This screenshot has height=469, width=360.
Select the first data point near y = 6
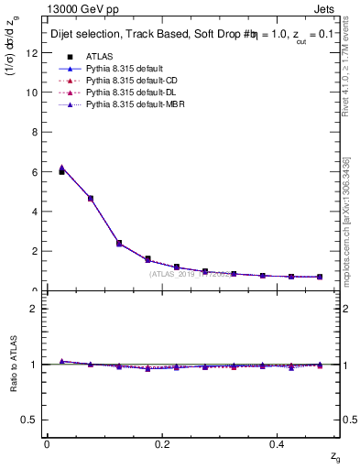(61, 171)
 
